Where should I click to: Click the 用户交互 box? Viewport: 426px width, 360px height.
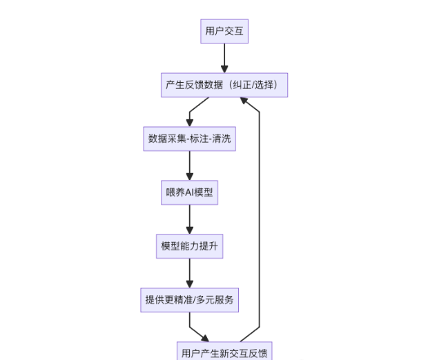tap(224, 31)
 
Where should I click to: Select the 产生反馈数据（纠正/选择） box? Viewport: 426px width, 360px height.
tap(224, 86)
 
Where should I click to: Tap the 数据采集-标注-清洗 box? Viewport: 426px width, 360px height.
tap(189, 139)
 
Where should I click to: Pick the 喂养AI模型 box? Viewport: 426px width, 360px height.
tap(189, 192)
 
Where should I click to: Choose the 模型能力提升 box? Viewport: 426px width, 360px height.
tap(189, 246)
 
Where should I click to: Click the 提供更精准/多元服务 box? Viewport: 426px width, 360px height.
tap(189, 300)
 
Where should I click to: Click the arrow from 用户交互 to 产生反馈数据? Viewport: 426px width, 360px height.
tap(224, 58)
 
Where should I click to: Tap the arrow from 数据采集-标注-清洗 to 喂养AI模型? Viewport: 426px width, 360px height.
tap(189, 166)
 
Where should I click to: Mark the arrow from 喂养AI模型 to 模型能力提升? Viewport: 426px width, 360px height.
tap(189, 219)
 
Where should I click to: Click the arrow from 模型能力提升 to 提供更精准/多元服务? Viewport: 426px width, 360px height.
tap(189, 273)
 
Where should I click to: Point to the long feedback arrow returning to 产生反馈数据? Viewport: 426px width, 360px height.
tap(259, 221)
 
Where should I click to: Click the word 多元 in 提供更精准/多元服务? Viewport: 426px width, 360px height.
tap(209, 300)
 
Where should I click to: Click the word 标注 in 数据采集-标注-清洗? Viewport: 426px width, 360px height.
tap(197, 139)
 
